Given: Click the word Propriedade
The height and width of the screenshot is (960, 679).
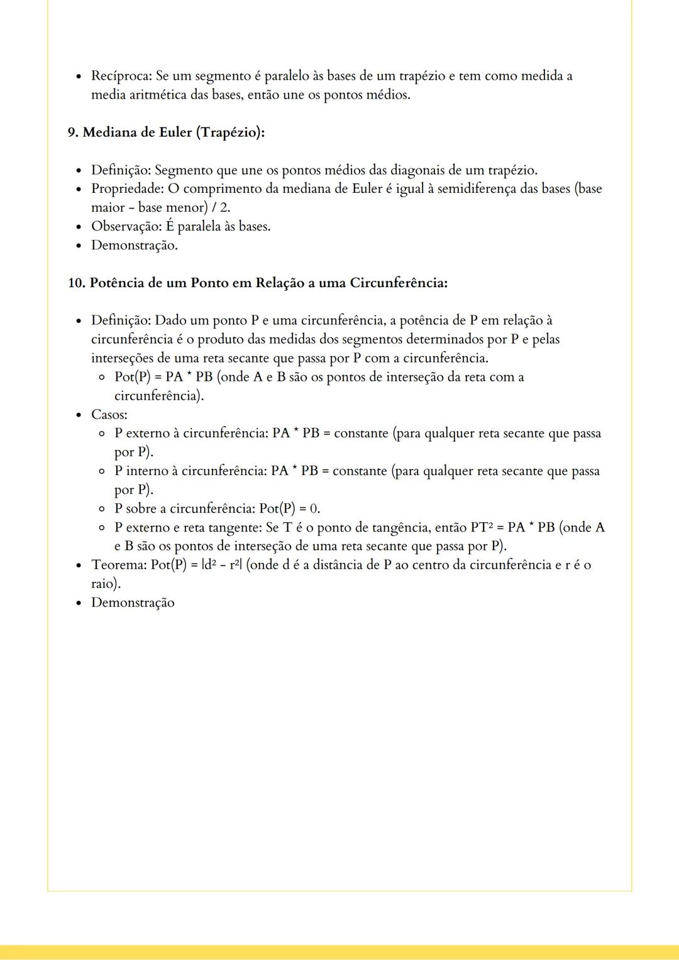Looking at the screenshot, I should (x=127, y=188).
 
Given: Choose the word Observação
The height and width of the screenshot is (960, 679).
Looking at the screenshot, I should (x=126, y=226).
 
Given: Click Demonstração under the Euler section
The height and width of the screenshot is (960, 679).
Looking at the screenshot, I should (x=134, y=245).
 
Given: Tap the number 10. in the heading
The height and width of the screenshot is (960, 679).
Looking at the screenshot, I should (x=76, y=283).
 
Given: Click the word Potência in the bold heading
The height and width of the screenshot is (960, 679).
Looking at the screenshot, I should (x=117, y=283).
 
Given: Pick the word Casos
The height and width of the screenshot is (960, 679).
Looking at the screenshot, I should (x=109, y=415).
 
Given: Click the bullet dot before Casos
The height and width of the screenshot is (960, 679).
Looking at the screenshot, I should (x=79, y=415).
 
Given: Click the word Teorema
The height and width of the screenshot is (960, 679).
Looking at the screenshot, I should (x=118, y=565).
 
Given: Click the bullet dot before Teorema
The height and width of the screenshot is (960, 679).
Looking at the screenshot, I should (x=79, y=565).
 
